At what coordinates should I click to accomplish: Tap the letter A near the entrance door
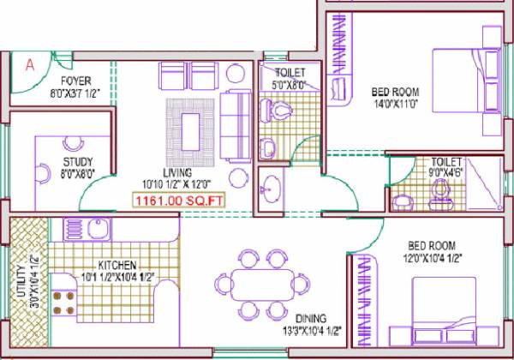pos(30,63)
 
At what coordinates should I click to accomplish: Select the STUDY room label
pos(78,161)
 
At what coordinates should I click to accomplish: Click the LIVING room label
pos(181,171)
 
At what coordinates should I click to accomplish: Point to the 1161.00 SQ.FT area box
pos(177,201)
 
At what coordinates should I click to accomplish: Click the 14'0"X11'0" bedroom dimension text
pos(396,104)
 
